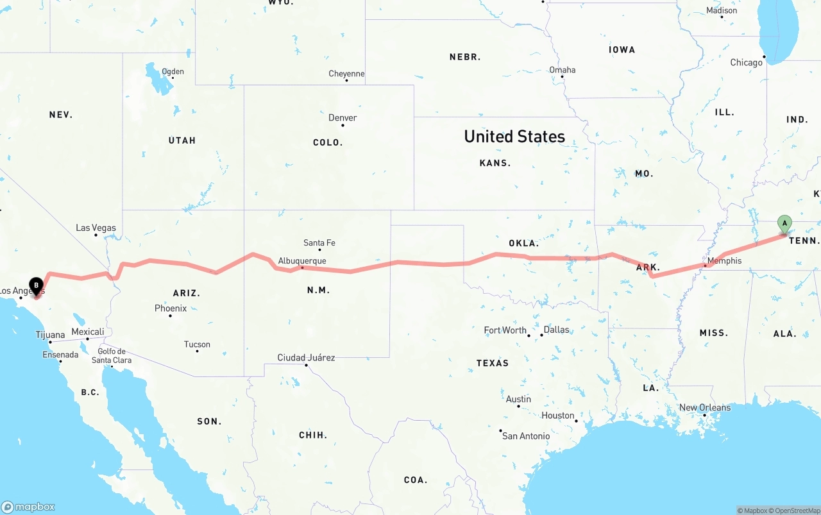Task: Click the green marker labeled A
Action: pos(784,224)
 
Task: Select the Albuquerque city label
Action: pos(302,261)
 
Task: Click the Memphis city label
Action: pos(724,261)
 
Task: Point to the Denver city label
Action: pos(343,118)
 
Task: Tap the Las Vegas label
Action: pos(96,228)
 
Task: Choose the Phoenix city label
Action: pos(171,308)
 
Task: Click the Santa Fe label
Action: pos(319,242)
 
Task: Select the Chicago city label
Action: pos(746,63)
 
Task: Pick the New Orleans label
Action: pos(705,408)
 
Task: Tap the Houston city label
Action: pos(558,416)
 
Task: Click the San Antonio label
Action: pos(526,436)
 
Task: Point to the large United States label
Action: pos(514,137)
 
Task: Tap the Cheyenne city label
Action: pos(346,74)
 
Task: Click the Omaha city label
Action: pos(563,70)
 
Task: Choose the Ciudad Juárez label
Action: pos(306,357)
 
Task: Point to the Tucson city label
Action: pos(197,344)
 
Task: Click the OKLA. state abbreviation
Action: pos(524,243)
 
